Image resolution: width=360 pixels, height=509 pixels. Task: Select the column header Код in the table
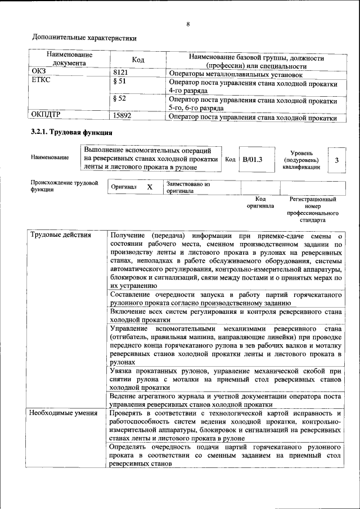point(138,60)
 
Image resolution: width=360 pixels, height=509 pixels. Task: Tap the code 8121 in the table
point(121,73)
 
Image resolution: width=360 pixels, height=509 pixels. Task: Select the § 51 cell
point(119,82)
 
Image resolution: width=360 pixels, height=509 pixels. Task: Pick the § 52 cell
point(119,98)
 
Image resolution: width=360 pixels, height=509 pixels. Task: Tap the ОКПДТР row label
point(48,115)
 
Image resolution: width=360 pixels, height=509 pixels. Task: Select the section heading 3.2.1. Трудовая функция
point(71,133)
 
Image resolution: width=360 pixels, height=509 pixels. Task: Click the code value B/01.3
point(252,160)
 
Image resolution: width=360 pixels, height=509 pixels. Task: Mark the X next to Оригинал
point(150,187)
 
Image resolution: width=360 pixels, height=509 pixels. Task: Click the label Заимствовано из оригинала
point(188,187)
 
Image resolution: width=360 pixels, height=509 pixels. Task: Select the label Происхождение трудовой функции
point(65,186)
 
